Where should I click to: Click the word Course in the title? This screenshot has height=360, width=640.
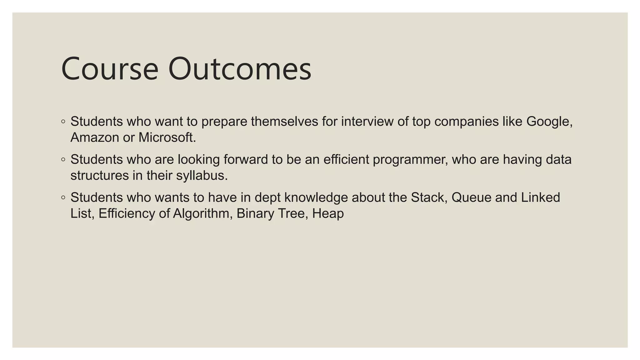click(110, 69)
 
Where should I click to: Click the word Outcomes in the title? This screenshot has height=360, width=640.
click(240, 69)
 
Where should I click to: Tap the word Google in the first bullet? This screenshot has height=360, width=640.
click(549, 122)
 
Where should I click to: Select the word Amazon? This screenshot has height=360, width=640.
click(95, 137)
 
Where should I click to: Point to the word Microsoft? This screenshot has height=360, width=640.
click(167, 137)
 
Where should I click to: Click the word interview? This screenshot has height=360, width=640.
click(367, 122)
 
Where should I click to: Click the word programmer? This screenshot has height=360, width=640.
click(410, 160)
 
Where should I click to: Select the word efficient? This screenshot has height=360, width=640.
click(346, 160)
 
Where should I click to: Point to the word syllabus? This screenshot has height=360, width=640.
click(202, 176)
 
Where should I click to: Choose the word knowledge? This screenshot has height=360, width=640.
click(316, 197)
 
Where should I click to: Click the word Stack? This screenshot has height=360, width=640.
click(429, 197)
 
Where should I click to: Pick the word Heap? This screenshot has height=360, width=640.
click(328, 214)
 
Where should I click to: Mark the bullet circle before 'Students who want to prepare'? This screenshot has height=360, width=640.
click(63, 122)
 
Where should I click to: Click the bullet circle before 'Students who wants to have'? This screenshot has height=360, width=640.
click(63, 197)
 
